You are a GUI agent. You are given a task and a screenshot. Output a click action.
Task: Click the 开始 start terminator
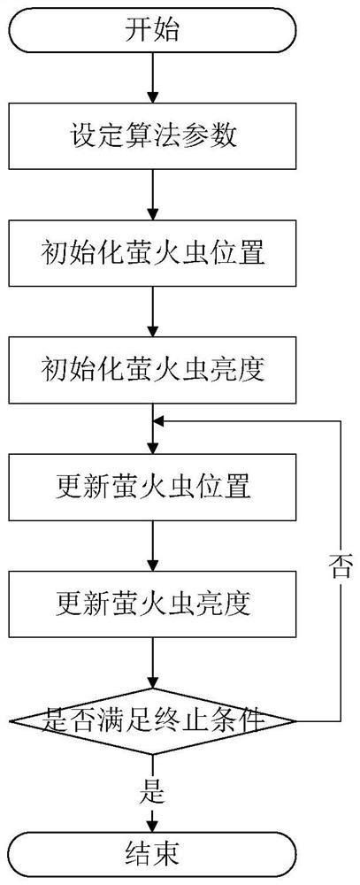coord(153,32)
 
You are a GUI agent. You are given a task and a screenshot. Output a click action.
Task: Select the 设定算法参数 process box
coord(153,137)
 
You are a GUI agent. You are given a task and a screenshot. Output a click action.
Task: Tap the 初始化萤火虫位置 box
coord(153,254)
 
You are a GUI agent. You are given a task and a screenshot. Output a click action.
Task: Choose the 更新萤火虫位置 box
coord(153,486)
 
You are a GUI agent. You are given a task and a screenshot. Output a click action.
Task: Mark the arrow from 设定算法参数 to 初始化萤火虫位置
coord(153,195)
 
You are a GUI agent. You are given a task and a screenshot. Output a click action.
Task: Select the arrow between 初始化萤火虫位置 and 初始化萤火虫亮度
coord(153,312)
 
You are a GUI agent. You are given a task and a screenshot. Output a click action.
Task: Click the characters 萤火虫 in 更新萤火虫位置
coord(153,486)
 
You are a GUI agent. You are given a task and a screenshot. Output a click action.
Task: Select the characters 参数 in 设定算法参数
coord(213,137)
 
